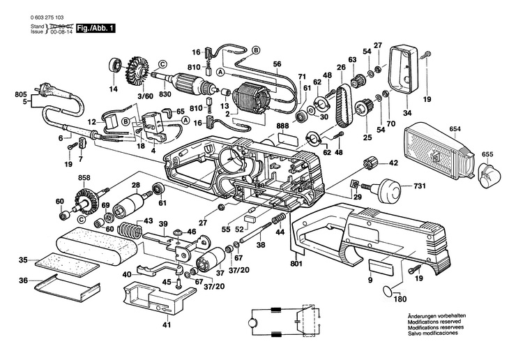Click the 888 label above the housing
282,126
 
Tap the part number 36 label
23,281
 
